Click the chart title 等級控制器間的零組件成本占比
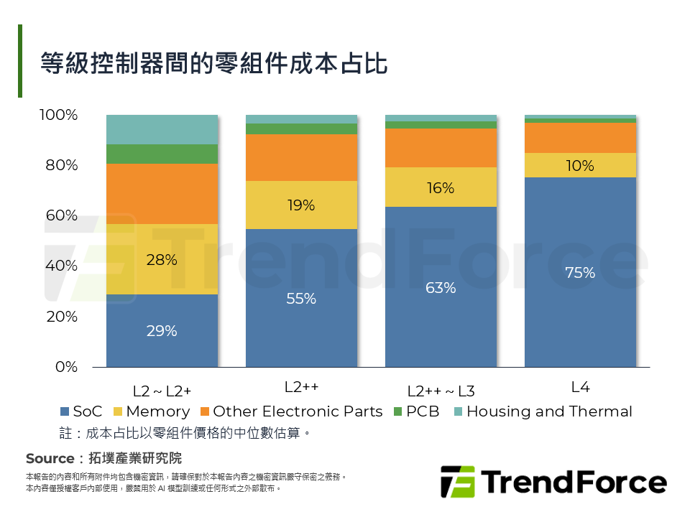click(214, 63)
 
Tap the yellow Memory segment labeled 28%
click(162, 260)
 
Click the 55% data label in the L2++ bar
click(301, 299)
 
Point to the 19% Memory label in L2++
click(301, 205)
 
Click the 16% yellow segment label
click(441, 188)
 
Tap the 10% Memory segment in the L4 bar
click(580, 166)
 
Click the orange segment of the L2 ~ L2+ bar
click(162, 194)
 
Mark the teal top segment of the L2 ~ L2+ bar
click(162, 129)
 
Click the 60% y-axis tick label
click(60, 216)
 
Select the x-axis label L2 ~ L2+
click(162, 391)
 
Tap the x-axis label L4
click(580, 387)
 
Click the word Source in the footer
click(50, 458)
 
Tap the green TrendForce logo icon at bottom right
click(458, 482)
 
